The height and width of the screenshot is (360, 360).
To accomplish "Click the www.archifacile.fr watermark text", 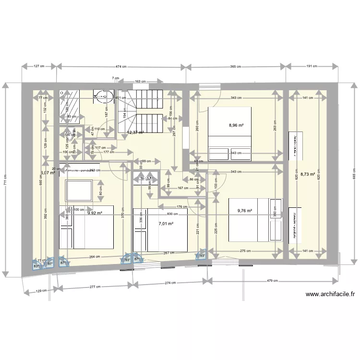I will coord(329,294).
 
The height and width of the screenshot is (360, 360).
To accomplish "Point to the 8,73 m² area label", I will coord(307,175).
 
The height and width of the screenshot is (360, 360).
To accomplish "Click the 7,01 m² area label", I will coord(166,223).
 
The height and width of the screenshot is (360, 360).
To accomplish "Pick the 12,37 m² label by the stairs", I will coord(135,132).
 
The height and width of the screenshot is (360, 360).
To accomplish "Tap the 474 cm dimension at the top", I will coord(121,67).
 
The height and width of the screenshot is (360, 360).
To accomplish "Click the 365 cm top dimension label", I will coord(235,67).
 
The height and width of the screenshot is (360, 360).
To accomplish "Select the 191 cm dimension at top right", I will coord(313,67).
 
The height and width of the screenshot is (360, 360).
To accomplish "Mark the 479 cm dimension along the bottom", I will coord(272,281).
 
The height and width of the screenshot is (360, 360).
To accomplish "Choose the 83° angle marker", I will coord(36,265).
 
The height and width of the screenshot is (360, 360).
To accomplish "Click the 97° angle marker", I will coord(50,264).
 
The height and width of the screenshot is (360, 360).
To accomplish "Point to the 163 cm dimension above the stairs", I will coord(141,82).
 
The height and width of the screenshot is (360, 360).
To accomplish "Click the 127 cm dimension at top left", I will coord(39,67).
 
